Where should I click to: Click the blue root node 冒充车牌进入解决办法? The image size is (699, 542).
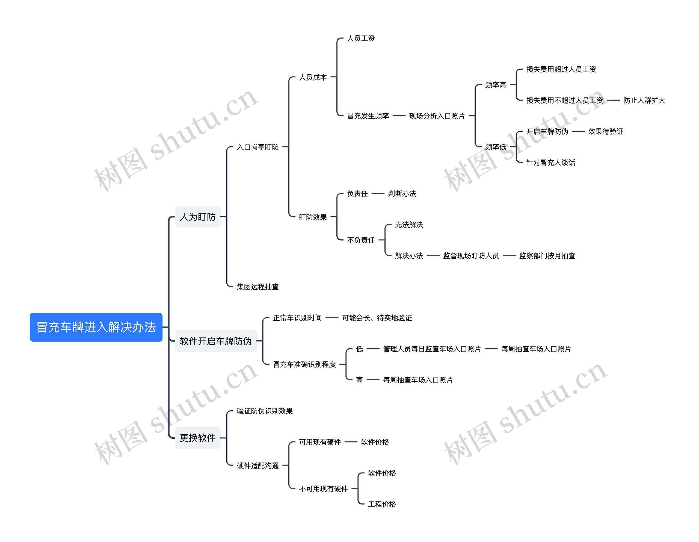tap(96, 327)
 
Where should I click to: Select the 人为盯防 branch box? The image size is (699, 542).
tap(197, 217)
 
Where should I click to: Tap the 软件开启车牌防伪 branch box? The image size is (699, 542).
tap(215, 341)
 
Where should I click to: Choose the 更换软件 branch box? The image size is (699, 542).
tap(197, 438)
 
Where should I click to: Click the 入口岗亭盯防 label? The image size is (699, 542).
tap(258, 147)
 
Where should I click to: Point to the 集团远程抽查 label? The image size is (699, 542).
tap(258, 287)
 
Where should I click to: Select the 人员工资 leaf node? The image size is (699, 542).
tap(361, 39)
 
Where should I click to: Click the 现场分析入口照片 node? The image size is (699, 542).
tap(437, 116)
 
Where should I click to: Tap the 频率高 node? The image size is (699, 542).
tap(496, 85)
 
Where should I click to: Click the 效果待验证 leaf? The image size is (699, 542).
tap(606, 132)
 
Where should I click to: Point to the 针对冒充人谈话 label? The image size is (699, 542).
tap(550, 163)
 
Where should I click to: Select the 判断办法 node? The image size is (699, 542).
tap(402, 194)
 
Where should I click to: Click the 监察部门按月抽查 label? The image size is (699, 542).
tap(547, 256)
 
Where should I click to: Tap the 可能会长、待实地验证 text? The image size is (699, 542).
tap(377, 318)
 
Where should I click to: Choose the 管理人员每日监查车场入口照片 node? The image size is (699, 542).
tap(432, 349)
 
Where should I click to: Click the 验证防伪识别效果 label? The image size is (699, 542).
tap(265, 411)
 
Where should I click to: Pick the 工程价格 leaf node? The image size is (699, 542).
tap(382, 504)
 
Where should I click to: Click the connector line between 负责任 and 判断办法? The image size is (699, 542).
tap(378, 193)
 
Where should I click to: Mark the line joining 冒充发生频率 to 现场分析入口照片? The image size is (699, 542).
tap(399, 116)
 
